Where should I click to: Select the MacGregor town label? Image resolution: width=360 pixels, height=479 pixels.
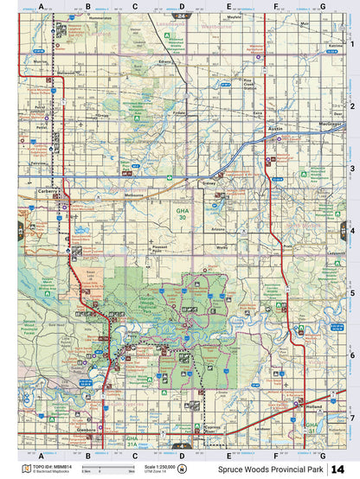point(329,124)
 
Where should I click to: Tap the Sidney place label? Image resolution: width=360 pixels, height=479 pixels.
point(208,184)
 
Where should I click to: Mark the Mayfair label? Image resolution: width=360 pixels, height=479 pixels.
point(234,17)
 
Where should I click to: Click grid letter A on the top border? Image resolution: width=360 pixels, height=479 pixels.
point(41,6)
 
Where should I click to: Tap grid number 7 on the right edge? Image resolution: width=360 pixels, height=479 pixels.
point(353,417)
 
